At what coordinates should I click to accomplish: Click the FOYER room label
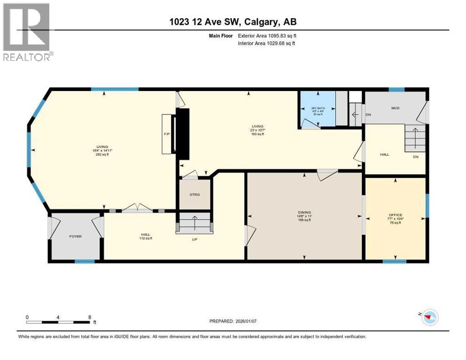click(75, 236)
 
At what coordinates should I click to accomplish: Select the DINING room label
click(304, 212)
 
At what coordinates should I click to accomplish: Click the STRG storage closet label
click(194, 194)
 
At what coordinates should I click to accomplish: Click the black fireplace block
click(182, 135)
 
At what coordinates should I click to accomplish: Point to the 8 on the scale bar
click(90, 317)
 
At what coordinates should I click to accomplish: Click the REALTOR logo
click(27, 32)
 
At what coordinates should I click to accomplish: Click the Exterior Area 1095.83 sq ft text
click(266, 35)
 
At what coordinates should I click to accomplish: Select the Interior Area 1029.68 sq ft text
click(266, 43)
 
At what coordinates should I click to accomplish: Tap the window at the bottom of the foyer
click(84, 261)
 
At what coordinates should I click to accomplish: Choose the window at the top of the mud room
click(397, 90)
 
